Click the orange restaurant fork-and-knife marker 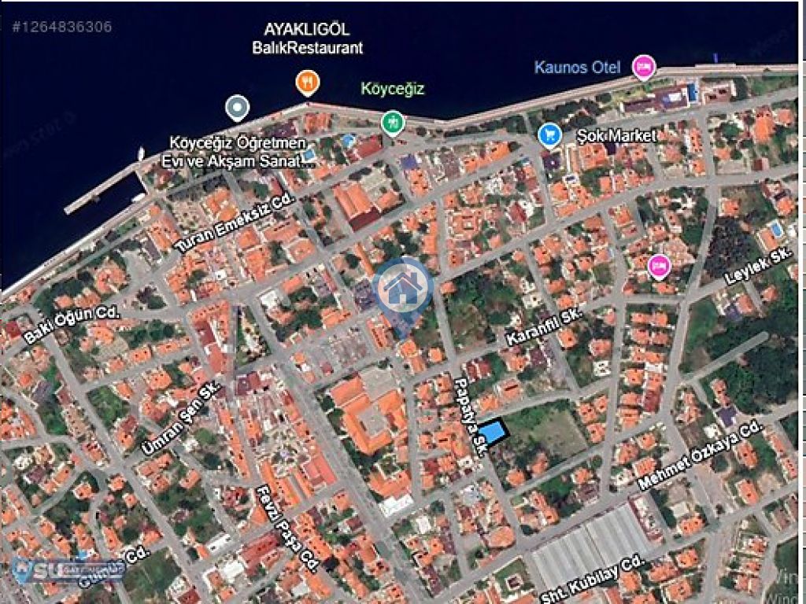(x=307, y=82)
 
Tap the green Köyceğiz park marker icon (x=392, y=122)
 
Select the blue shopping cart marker (x=549, y=135)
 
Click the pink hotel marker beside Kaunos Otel (x=644, y=67)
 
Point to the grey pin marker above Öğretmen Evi (x=237, y=108)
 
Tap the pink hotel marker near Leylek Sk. (x=658, y=267)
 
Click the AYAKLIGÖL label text (x=307, y=30)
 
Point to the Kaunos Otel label (x=577, y=67)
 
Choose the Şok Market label (x=616, y=135)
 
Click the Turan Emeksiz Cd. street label (x=235, y=223)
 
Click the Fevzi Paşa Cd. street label (x=287, y=528)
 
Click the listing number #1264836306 (x=61, y=27)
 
